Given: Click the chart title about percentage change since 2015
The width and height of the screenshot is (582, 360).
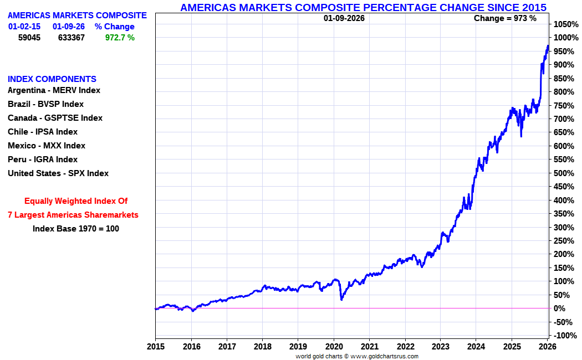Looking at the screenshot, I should pos(363,7).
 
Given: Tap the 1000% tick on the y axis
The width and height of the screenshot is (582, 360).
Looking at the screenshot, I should pos(565,38).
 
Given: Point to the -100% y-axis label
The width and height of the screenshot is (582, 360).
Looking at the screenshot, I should pos(565,336).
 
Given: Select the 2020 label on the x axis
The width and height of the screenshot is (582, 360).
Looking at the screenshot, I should pos(334,347).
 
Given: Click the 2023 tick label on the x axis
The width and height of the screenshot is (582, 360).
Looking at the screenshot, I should pos(440,347).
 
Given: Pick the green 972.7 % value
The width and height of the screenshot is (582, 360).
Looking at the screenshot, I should pos(120,38).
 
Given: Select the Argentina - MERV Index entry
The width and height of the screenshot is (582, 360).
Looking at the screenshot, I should pos(54,90).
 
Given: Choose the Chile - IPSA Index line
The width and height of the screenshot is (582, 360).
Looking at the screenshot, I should pos(43,132).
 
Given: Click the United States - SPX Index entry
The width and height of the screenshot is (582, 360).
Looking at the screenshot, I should pos(58,173).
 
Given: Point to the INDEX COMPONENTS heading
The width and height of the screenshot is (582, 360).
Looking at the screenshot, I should pos(52,79).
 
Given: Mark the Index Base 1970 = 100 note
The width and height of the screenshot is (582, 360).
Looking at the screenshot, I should pos(76,228).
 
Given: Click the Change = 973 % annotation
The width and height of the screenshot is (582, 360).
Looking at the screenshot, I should pos(505,18).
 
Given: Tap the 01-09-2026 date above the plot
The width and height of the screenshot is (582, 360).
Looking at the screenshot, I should pos(344,18).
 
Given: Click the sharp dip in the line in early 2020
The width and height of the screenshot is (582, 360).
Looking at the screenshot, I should pos(341,299).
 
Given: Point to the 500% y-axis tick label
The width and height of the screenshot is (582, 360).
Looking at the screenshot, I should pos(565,173).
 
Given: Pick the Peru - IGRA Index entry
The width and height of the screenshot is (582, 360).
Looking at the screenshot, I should pos(43,160).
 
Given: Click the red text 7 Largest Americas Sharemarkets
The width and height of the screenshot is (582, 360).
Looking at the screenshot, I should pos(73,215).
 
